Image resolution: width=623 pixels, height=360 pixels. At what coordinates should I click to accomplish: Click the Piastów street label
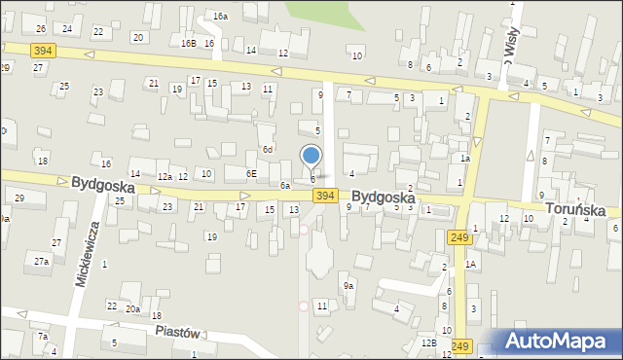coord(176,332)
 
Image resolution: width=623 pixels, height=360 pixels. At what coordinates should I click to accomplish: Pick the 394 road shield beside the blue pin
coord(326,197)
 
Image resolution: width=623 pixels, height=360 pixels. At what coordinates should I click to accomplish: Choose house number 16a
coord(221,17)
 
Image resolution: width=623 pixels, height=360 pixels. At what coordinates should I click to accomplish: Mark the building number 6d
coord(267,150)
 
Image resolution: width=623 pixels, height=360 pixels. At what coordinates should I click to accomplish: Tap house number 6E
coord(251,173)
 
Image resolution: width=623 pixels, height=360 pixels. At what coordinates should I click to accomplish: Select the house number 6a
coord(285,185)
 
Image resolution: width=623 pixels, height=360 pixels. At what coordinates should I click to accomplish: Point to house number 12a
coord(165,176)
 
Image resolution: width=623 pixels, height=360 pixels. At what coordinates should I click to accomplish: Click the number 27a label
coord(42,262)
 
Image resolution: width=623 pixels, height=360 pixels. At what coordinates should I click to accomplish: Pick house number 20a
coord(132,308)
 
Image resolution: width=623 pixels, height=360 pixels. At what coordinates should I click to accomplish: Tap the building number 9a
coord(348,286)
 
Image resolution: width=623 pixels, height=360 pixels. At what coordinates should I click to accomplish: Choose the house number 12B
coord(428,342)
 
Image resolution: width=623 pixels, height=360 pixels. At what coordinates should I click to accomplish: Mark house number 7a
coord(43,337)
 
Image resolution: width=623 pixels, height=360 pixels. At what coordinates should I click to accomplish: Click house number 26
coord(41,30)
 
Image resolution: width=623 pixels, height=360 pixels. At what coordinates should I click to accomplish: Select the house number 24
coord(67,29)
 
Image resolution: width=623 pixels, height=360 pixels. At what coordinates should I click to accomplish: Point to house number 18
coord(43,161)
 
